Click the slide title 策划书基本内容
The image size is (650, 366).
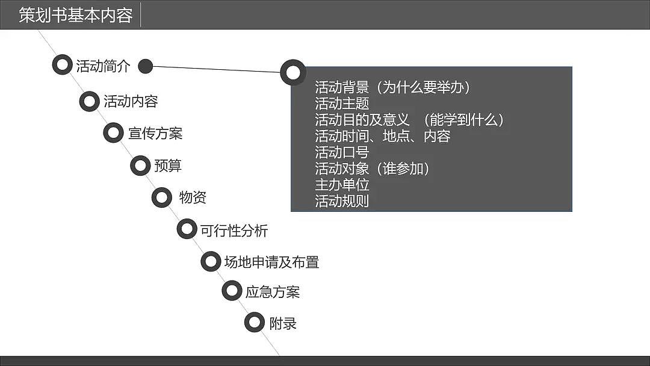(75, 15)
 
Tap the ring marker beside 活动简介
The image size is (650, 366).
(62, 65)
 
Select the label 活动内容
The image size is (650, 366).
(131, 101)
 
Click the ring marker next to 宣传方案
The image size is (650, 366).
(113, 133)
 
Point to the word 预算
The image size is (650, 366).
(168, 166)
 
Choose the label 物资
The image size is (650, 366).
(193, 197)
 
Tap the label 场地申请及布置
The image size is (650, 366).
(271, 262)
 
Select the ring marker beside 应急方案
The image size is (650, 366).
(232, 291)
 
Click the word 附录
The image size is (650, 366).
(283, 323)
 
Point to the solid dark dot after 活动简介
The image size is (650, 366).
(145, 66)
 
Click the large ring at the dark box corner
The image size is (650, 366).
(292, 72)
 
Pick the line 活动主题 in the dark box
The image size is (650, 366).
(342, 104)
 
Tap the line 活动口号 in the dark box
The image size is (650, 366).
(342, 152)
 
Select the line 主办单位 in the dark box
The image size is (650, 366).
(342, 185)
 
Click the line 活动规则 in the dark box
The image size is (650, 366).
(342, 201)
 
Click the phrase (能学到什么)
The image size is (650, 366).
(459, 120)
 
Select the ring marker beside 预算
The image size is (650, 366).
(140, 166)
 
